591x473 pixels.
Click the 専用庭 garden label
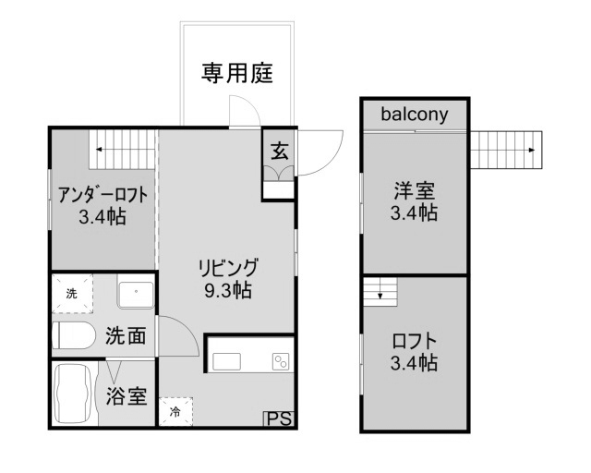[x=237, y=73]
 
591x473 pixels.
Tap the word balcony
[x=415, y=114]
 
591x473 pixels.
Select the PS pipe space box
[x=279, y=419]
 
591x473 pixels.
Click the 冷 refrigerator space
[x=175, y=411]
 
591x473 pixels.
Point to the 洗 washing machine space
[x=72, y=294]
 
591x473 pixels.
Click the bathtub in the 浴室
[x=74, y=394]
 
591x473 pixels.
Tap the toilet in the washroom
[x=74, y=335]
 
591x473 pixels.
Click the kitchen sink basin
[x=226, y=362]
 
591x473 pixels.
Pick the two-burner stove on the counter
[x=281, y=362]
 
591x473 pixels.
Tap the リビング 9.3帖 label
[x=228, y=278]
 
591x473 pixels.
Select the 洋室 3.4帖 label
[x=414, y=201]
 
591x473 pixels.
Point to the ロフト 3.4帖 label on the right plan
[x=414, y=352]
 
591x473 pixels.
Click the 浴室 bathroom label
[x=126, y=395]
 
